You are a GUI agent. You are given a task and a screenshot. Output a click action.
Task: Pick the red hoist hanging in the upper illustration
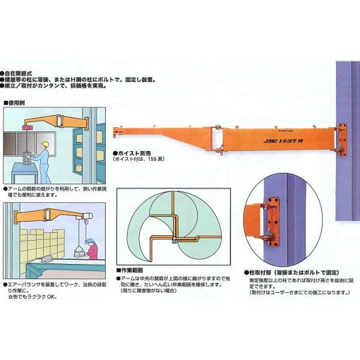[x=26, y=127]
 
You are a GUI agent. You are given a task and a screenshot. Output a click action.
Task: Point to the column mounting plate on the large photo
[x=343, y=139]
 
